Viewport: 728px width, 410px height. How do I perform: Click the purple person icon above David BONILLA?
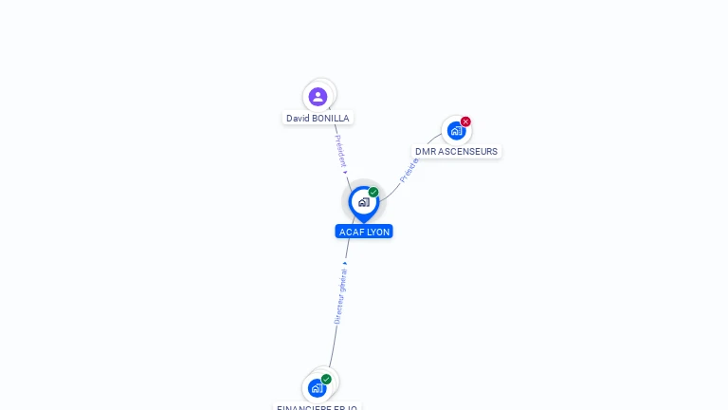(x=318, y=96)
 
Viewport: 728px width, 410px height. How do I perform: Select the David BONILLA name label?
(x=318, y=119)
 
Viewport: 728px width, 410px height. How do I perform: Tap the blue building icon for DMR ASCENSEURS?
(x=456, y=131)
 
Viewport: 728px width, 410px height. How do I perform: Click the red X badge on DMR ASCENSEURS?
(x=465, y=121)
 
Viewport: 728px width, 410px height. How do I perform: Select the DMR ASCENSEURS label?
(x=456, y=152)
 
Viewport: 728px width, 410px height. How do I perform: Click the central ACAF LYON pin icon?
(x=363, y=202)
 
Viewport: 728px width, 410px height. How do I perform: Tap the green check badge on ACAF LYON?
(x=373, y=193)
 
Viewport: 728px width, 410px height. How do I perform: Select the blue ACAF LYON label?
(x=364, y=232)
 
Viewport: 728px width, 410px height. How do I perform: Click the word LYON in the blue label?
(x=377, y=232)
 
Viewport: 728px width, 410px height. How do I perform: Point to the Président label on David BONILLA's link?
(x=340, y=151)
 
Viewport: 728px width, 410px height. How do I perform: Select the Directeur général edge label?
(x=340, y=295)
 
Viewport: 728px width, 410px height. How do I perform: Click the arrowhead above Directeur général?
(x=345, y=263)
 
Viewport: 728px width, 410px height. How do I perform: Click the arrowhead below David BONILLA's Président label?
(x=345, y=173)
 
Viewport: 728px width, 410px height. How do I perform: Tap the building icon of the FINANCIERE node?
(x=317, y=388)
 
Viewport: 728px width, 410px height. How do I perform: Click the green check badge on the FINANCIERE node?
(x=326, y=380)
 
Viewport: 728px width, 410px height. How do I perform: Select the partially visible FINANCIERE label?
(x=317, y=407)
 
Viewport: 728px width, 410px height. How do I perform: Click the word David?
(x=298, y=119)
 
